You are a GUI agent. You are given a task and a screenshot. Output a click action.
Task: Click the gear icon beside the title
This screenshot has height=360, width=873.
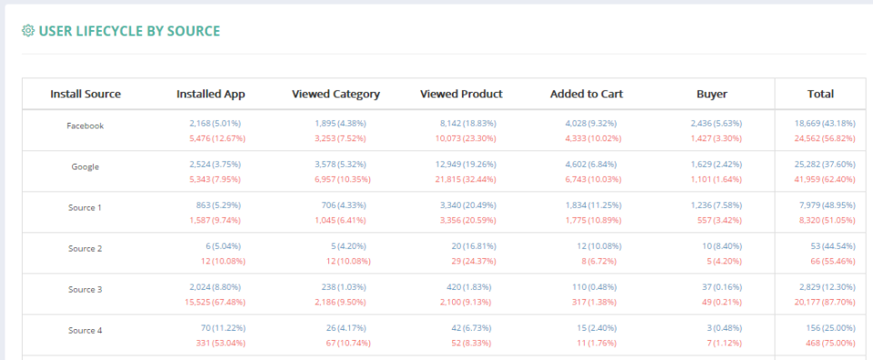27,32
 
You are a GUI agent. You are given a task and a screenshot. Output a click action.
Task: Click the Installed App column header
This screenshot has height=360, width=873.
210,94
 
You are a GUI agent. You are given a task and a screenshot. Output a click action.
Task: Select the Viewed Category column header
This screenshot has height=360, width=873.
336,94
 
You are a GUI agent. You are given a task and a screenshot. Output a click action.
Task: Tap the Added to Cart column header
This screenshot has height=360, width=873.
586,94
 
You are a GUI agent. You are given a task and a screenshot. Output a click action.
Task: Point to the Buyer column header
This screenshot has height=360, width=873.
711,94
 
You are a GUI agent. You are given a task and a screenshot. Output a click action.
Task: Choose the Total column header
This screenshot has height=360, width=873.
820,94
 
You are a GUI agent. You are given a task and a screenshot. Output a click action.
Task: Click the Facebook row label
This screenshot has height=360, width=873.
85,126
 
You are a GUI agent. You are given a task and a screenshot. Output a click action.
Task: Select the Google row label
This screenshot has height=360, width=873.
85,167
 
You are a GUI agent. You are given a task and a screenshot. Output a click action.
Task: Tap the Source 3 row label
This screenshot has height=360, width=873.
85,290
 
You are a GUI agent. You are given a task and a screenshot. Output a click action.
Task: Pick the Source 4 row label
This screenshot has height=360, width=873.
85,331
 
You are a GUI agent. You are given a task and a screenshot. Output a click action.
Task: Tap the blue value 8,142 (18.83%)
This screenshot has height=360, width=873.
467,123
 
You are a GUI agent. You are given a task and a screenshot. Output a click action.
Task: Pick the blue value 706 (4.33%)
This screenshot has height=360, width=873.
345,205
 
